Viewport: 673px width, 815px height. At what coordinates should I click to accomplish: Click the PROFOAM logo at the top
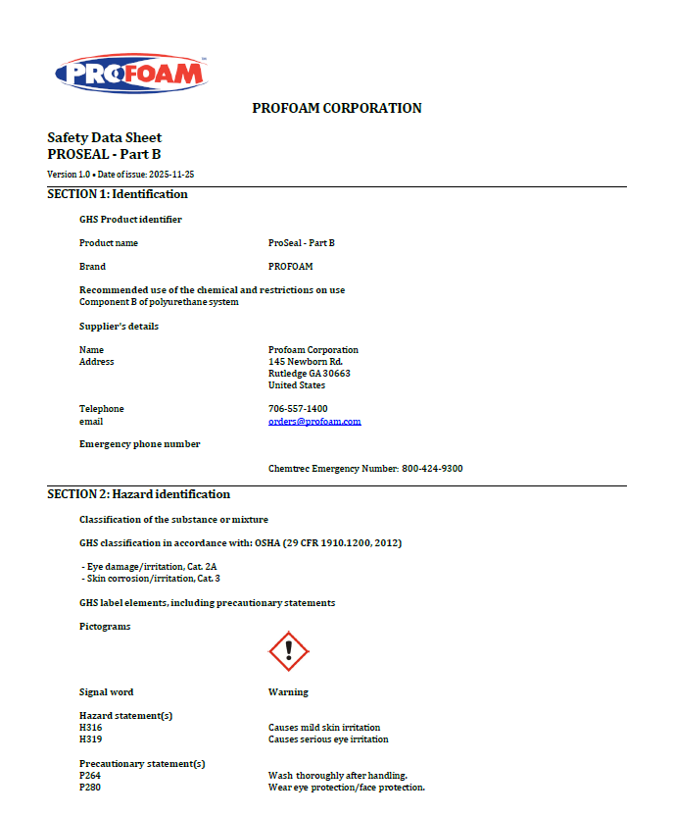[x=130, y=74]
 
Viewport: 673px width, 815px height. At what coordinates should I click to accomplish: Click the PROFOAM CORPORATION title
[x=337, y=108]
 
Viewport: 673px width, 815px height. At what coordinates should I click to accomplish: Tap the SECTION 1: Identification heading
[x=118, y=194]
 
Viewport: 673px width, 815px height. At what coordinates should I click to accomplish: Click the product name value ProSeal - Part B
[x=302, y=242]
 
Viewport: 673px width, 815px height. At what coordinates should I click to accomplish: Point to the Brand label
[x=92, y=266]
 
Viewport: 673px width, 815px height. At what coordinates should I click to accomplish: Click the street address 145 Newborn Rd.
[x=306, y=362]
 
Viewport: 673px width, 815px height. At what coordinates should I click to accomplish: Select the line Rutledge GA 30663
[x=310, y=374]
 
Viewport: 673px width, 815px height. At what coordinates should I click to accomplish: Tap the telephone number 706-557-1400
[x=298, y=409]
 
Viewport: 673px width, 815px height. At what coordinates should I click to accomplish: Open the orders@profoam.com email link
[x=314, y=421]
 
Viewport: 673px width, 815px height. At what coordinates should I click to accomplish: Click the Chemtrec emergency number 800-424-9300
[x=432, y=469]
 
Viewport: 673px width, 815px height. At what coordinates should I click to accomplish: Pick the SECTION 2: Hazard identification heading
[x=139, y=494]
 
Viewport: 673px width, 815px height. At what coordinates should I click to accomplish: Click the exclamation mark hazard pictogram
[x=288, y=651]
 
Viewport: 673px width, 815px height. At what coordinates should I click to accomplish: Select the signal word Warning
[x=288, y=692]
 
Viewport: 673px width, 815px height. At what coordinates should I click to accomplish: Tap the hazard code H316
[x=90, y=728]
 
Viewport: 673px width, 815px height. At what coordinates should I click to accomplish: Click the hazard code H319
[x=90, y=739]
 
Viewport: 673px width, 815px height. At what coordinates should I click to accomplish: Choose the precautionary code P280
[x=90, y=788]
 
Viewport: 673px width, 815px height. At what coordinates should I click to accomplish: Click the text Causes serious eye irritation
[x=328, y=739]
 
